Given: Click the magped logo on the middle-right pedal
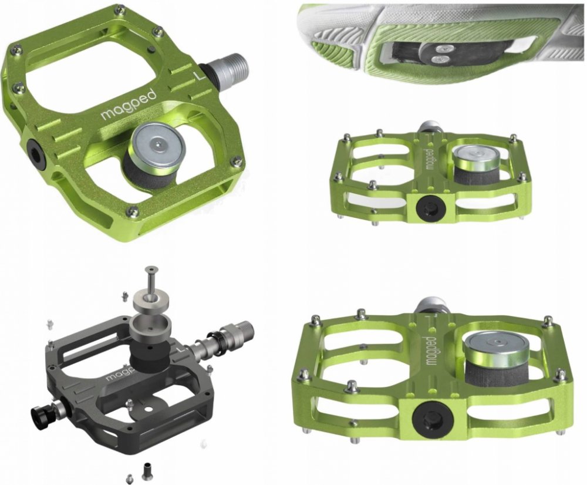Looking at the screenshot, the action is [x=430, y=159].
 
